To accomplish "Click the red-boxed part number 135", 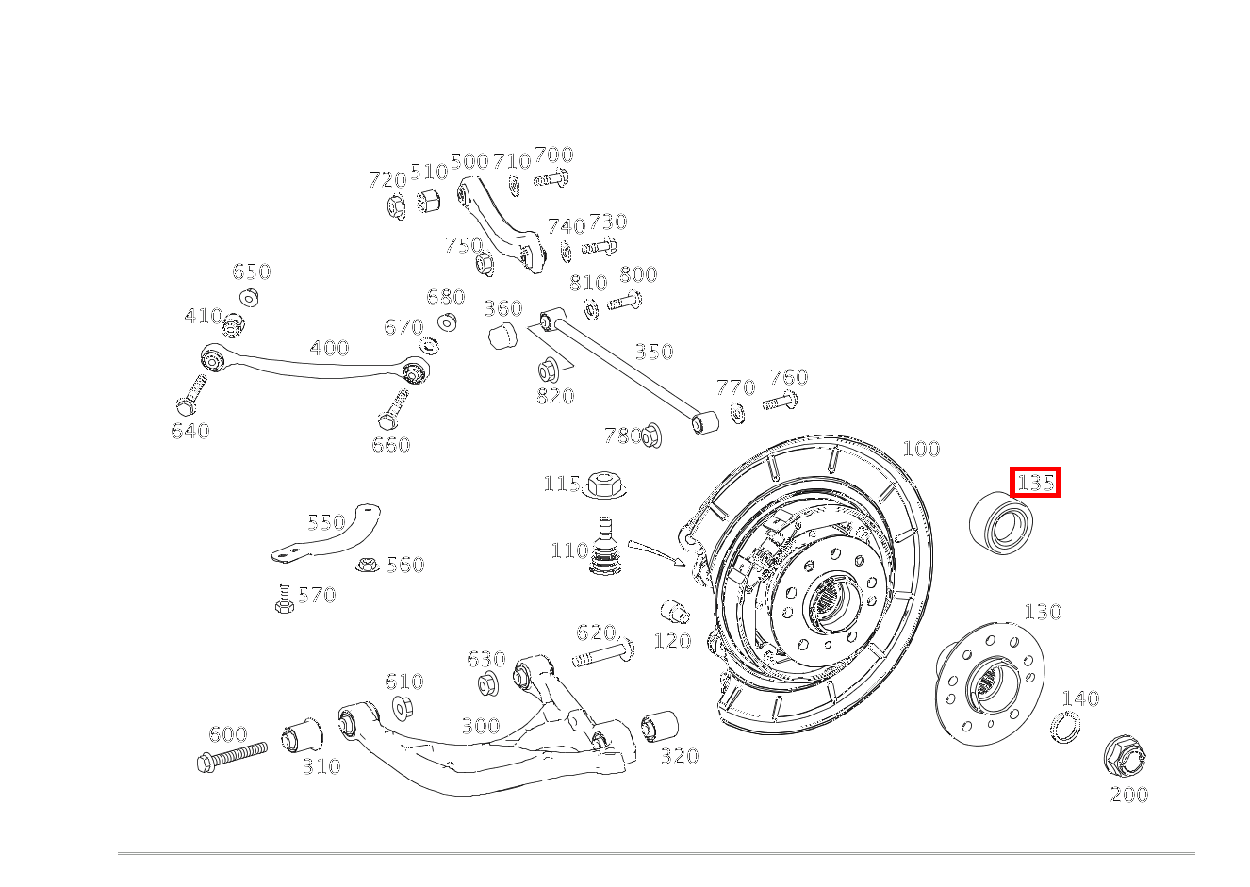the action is [x=1036, y=483].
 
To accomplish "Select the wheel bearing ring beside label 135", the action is [x=1001, y=523].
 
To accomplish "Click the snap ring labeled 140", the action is [x=1065, y=727].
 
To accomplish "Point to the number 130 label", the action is [x=1043, y=612].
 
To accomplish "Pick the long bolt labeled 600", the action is [x=232, y=757].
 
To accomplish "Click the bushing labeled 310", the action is [x=302, y=736].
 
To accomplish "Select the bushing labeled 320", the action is [x=660, y=727].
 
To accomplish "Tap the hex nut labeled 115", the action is [x=603, y=484].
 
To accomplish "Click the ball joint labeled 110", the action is [x=605, y=548].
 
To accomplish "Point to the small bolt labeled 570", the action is [x=284, y=598].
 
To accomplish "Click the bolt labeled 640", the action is [x=191, y=395].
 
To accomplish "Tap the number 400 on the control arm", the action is [x=329, y=348].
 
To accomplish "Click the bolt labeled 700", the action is [x=551, y=178].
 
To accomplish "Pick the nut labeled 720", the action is [x=396, y=206].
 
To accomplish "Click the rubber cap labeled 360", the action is [x=502, y=334].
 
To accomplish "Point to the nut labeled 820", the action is [x=549, y=370].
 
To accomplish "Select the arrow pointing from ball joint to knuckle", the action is [x=657, y=552].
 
